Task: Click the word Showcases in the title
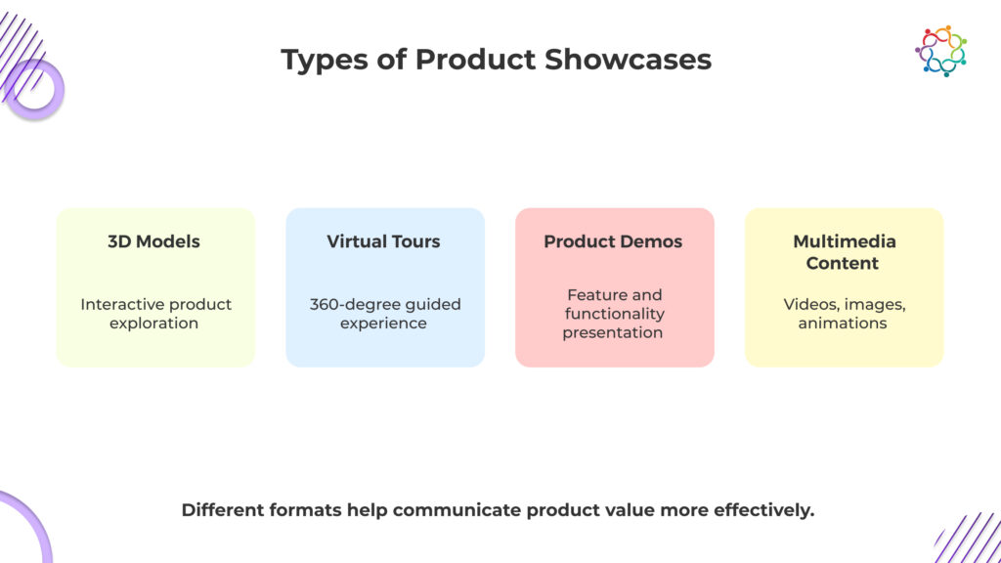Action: click(x=628, y=60)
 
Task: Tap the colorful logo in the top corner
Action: click(x=941, y=51)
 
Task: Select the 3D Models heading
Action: click(x=153, y=241)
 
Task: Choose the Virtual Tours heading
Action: click(x=383, y=241)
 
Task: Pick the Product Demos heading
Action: click(x=613, y=241)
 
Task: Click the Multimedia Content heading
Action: click(x=844, y=252)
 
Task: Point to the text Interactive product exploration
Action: click(x=155, y=314)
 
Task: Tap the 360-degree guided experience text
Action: click(x=385, y=314)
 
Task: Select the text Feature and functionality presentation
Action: click(x=614, y=314)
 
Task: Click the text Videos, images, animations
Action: click(x=844, y=314)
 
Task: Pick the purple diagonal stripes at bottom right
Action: click(x=968, y=538)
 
